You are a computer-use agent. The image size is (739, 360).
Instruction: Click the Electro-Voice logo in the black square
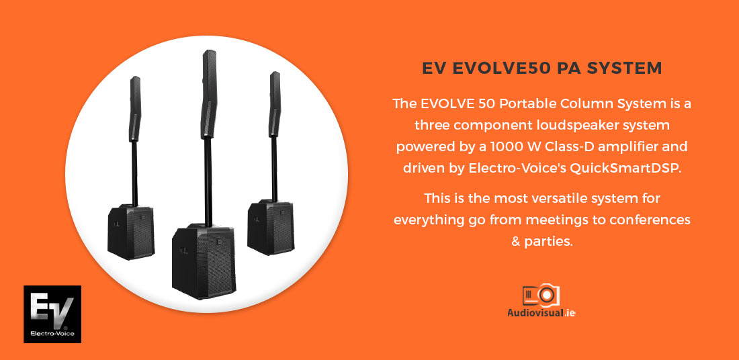tap(52, 314)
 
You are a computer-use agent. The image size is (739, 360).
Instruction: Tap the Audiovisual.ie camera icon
tap(541, 295)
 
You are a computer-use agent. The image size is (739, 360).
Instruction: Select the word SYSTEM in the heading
tap(625, 69)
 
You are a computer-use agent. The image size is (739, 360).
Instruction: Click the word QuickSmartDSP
tap(625, 169)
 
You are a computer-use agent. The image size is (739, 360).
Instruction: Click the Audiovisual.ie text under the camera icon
tap(541, 312)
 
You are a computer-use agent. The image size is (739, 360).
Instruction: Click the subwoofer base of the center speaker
tap(204, 261)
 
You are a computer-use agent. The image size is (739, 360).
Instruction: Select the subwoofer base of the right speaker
tap(271, 227)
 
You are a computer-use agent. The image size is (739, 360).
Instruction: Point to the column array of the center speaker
tap(209, 94)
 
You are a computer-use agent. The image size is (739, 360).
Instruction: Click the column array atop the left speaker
tap(135, 109)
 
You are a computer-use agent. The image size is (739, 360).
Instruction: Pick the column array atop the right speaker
tap(275, 104)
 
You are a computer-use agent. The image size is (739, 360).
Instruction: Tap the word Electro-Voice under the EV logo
tap(52, 334)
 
